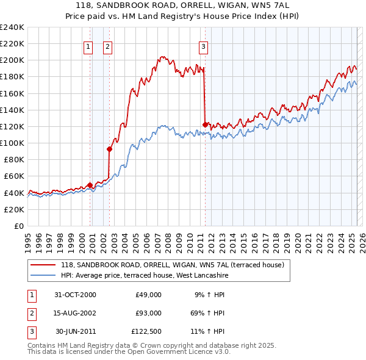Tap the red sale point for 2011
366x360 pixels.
pos(205,124)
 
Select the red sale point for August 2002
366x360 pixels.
pos(110,149)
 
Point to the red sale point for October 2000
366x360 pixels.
pos(90,185)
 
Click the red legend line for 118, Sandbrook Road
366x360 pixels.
pos(43,265)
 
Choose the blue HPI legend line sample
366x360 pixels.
pos(43,276)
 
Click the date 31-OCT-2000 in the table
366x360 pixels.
pos(75,295)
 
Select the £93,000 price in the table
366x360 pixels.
pos(148,313)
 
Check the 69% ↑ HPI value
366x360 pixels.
pos(209,313)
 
